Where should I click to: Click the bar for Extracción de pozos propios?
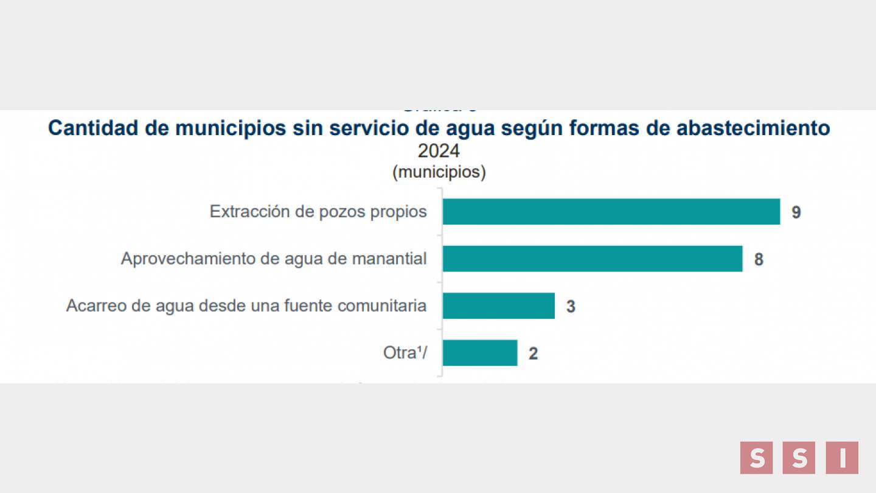pos(611,212)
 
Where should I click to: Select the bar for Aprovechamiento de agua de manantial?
pos(592,259)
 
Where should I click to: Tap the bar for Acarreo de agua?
pos(498,306)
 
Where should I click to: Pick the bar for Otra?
pos(479,352)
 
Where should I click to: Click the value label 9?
pos(796,212)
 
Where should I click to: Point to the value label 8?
pos(759,259)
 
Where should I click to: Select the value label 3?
pos(571,306)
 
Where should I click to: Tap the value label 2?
pos(533,353)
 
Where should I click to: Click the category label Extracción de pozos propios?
pos(318,212)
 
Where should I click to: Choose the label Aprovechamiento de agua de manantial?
pos(274,259)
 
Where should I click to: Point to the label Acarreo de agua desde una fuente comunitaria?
pos(246,306)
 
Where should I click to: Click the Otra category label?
pos(405,352)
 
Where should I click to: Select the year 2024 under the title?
pos(439,150)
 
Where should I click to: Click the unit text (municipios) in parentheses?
pos(439,172)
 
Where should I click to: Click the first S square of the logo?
pos(757,458)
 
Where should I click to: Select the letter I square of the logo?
pos(842,458)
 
